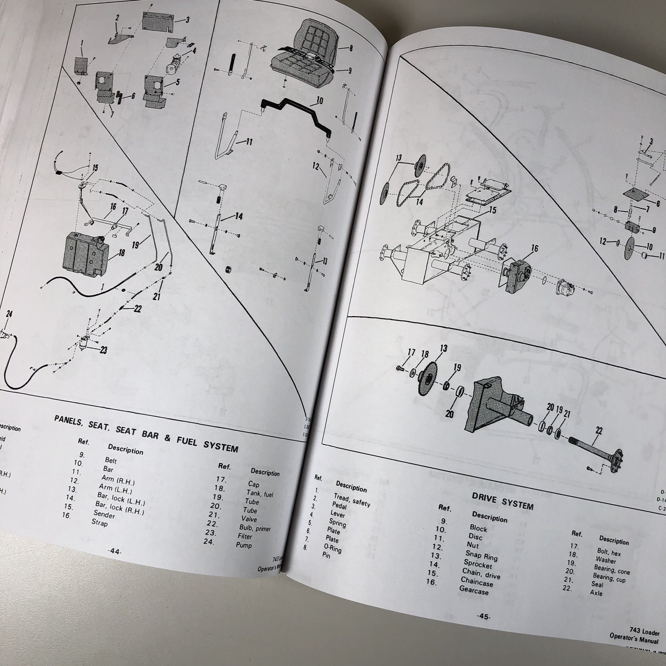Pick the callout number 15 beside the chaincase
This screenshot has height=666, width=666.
pos(492,210)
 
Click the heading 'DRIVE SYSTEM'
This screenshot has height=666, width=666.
pos(502,501)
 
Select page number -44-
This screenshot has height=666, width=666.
pos(114,552)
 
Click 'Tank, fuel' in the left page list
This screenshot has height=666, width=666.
pos(261,494)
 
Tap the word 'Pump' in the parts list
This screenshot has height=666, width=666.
pos(244,544)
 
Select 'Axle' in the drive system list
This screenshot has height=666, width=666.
pos(596,593)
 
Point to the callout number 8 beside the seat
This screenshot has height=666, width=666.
pos(350,49)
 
